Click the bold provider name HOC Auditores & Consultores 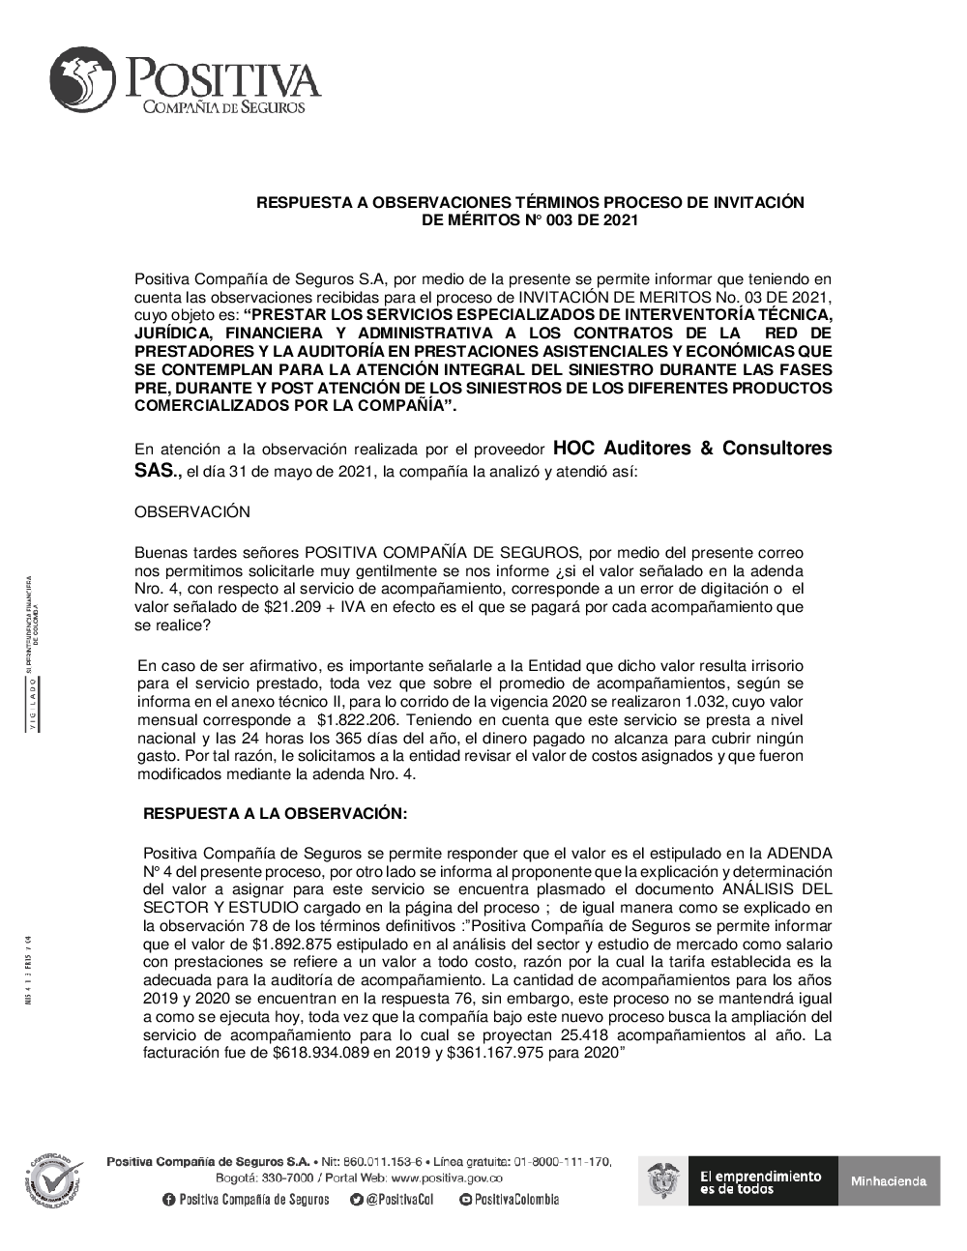pos(691,449)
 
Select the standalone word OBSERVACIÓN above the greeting pos(191,511)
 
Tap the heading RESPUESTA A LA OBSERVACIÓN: pos(276,814)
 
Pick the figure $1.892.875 pos(295,944)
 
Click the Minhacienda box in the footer pos(888,1180)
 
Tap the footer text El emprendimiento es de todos pos(760,1181)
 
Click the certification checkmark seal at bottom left pos(54,1178)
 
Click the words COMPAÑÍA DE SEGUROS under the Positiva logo pos(224,107)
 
